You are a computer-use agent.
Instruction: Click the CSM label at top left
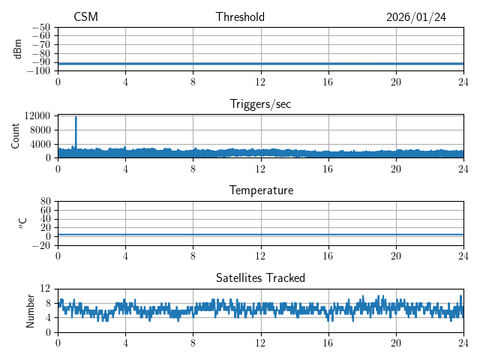[x=85, y=17]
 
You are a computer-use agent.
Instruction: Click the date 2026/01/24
[x=415, y=17]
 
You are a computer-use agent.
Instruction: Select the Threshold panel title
[x=240, y=17]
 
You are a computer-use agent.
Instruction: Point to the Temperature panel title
[x=260, y=190]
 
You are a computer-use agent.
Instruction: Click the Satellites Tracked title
[x=260, y=277]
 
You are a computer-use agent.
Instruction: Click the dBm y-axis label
[x=18, y=49]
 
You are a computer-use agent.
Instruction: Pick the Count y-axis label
[x=16, y=136]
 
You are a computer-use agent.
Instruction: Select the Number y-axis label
[x=30, y=310]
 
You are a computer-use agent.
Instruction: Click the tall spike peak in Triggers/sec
[x=76, y=117]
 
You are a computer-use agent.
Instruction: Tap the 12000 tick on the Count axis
[x=37, y=116]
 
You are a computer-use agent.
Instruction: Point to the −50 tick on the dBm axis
[x=41, y=28]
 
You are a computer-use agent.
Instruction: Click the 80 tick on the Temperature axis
[x=45, y=202]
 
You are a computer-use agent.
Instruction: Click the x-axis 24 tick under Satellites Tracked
[x=463, y=343]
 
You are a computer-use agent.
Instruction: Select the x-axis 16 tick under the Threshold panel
[x=328, y=82]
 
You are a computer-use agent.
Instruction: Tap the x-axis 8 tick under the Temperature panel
[x=193, y=256]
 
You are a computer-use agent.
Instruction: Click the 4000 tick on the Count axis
[x=39, y=144]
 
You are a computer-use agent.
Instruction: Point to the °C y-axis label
[x=22, y=223]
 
